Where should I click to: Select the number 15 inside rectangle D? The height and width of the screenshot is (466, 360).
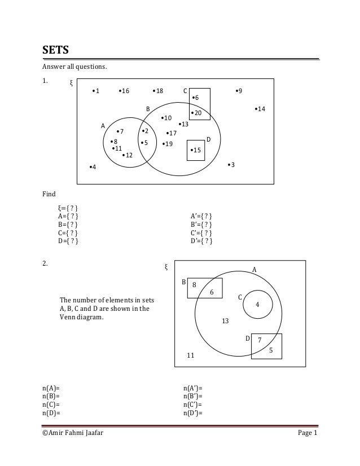[196, 150]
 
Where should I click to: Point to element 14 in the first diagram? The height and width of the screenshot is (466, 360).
[260, 108]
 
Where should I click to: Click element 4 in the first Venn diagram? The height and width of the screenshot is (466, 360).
[93, 168]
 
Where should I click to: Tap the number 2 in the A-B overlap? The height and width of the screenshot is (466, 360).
[145, 131]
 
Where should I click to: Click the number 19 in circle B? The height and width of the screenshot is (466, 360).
[168, 144]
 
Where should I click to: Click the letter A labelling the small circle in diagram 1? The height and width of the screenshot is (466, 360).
[103, 125]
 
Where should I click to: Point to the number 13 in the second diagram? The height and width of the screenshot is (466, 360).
[225, 321]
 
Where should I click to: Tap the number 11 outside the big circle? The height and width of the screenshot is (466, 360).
[191, 355]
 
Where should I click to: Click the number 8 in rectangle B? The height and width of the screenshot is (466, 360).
[194, 285]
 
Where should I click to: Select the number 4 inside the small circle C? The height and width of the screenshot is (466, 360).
[257, 305]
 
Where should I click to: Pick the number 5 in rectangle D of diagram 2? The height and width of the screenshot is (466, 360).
[271, 350]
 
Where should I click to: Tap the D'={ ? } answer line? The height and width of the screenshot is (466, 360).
[202, 242]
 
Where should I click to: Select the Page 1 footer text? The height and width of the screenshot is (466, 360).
[308, 433]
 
